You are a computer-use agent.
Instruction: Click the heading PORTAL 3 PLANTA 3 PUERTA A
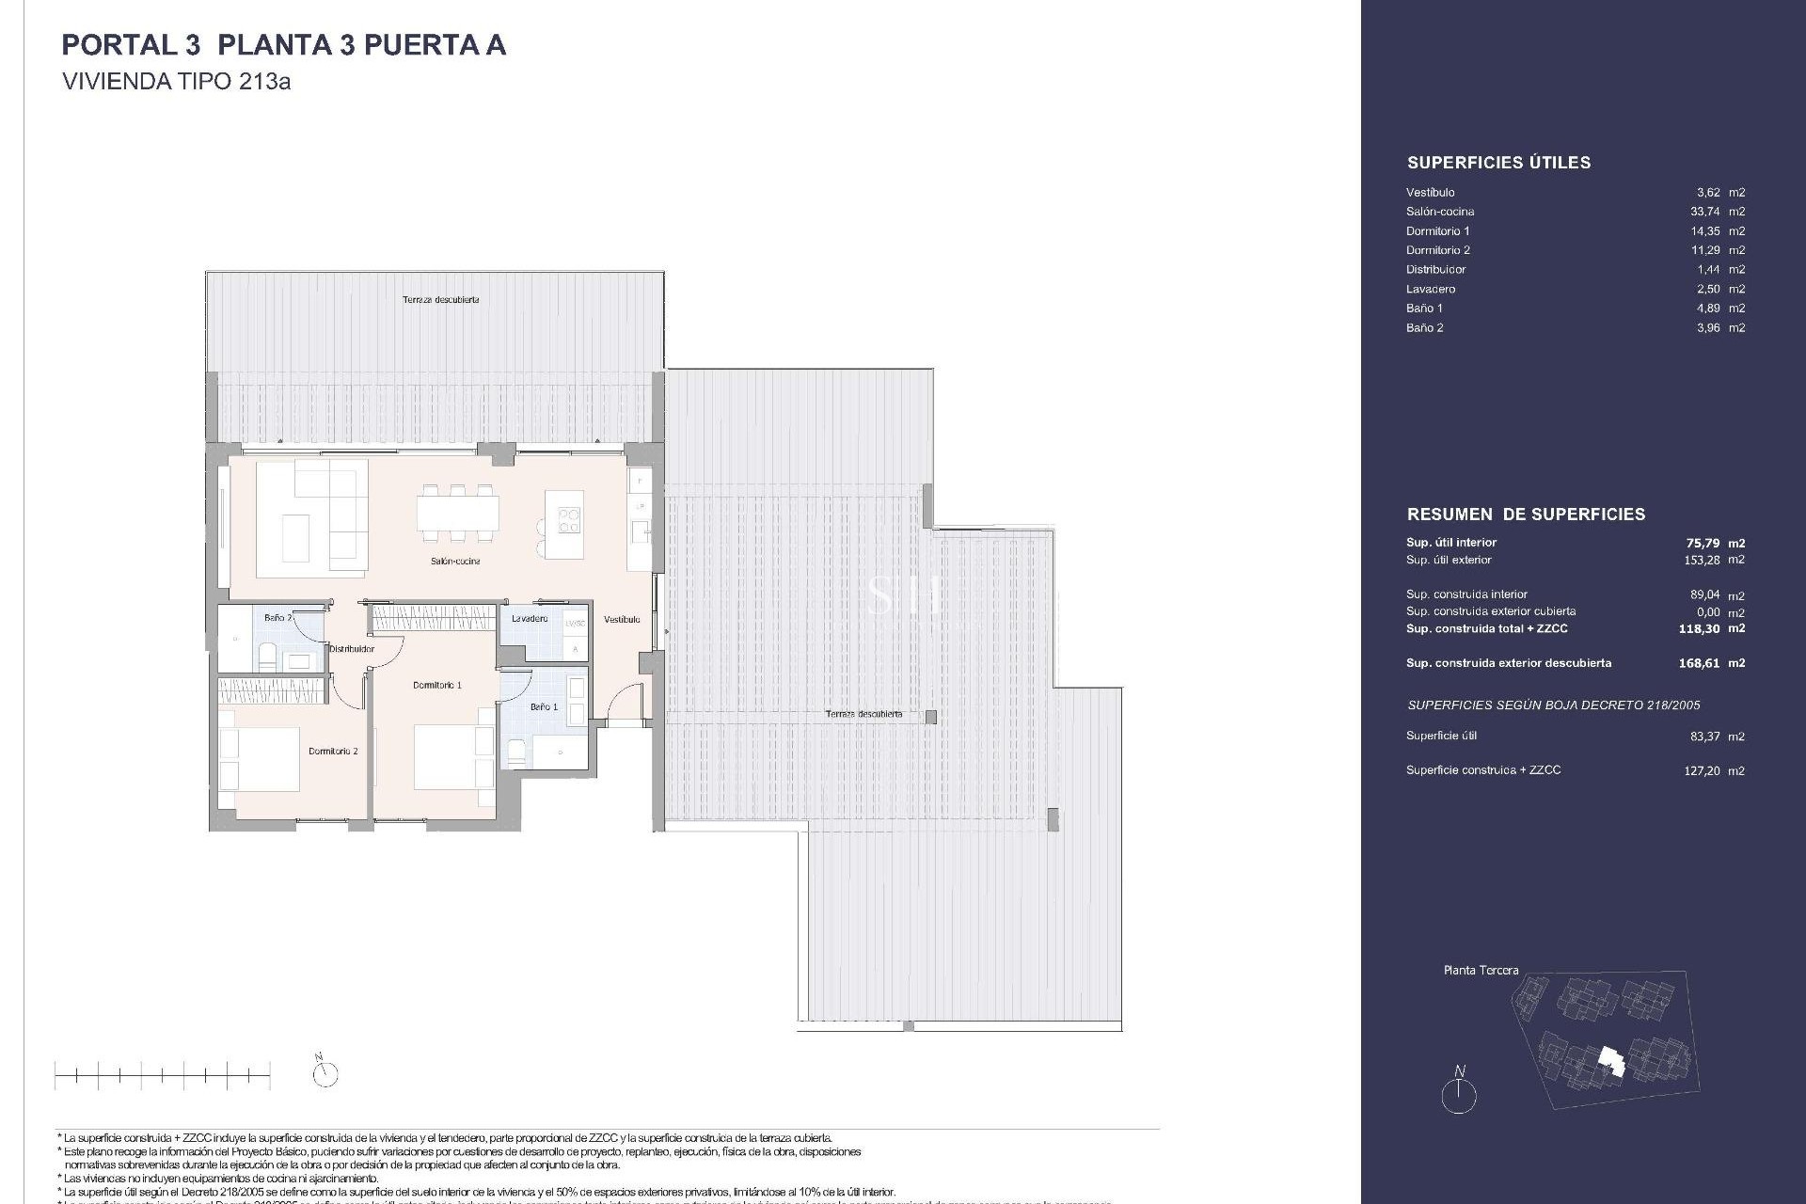283,45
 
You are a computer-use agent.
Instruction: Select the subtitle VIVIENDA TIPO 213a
176,82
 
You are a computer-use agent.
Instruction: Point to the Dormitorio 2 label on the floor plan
333,752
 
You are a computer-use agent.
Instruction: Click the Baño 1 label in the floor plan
544,706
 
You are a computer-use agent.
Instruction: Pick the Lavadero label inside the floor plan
530,619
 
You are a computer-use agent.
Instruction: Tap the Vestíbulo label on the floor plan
622,620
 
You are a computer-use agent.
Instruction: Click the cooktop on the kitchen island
570,520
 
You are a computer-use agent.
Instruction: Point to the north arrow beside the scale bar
325,1073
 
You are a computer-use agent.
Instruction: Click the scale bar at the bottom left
162,1074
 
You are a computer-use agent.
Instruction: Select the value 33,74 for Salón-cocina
1704,212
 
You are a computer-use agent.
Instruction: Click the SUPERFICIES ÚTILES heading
1498,163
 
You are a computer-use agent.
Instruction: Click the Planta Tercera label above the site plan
1481,970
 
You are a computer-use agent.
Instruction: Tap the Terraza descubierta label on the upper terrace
441,300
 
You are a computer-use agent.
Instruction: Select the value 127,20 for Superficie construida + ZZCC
1703,770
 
